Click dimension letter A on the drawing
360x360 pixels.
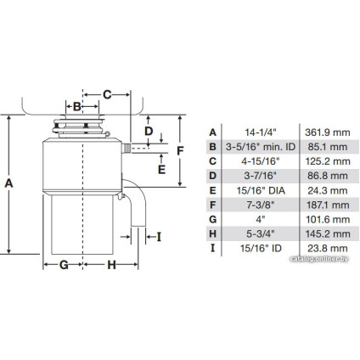coord(9,183)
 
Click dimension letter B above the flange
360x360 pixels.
coord(76,106)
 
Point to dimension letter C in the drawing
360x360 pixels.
coord(107,93)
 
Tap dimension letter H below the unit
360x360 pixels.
coord(111,264)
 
